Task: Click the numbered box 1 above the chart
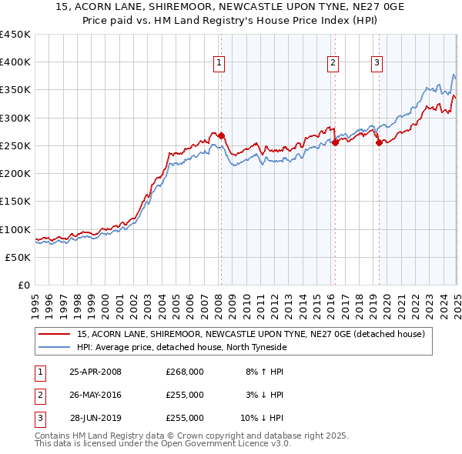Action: point(219,63)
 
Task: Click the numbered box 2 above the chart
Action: point(333,63)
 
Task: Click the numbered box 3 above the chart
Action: point(377,63)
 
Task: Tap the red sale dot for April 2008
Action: point(221,135)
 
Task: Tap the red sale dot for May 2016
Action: point(336,142)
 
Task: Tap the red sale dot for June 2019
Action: point(379,142)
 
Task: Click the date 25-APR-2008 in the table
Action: point(95,372)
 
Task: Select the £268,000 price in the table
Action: point(185,372)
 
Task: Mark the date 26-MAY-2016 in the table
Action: point(95,395)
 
